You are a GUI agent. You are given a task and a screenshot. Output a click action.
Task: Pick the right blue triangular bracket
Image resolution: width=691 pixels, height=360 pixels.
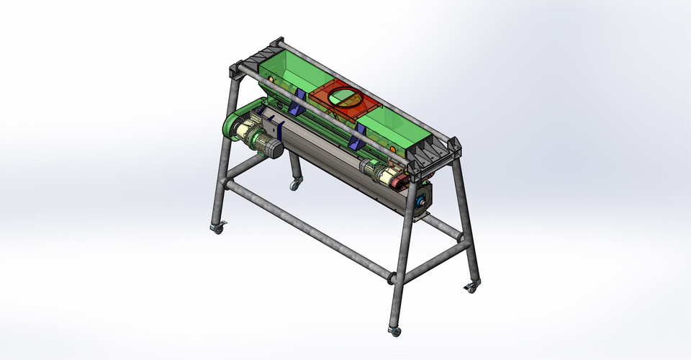(x=358, y=135)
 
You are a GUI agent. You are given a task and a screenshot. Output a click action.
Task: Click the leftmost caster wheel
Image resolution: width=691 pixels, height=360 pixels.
(x=217, y=228)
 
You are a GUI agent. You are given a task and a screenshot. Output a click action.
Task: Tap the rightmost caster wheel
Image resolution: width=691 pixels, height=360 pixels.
(x=471, y=287)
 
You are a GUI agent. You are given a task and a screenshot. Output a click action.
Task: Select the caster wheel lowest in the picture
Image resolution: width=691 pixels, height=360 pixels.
(x=394, y=331)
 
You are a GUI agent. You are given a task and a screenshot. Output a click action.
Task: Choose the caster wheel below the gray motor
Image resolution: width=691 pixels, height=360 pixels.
(x=294, y=185)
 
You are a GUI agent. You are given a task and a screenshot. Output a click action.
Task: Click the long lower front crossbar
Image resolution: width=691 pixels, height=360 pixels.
(x=310, y=230)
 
